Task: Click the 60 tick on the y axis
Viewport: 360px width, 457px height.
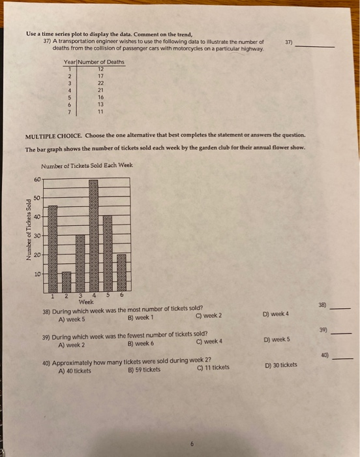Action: pyautogui.click(x=37, y=179)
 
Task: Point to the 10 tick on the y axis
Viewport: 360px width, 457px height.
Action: pyautogui.click(x=37, y=274)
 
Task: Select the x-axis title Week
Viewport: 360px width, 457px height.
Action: pyautogui.click(x=85, y=301)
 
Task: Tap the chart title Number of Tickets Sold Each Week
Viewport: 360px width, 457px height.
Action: pyautogui.click(x=86, y=165)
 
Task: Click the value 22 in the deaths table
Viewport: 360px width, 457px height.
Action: pyautogui.click(x=100, y=82)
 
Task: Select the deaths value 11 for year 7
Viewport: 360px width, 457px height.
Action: pyautogui.click(x=100, y=111)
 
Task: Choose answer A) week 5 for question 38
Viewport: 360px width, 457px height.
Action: pyautogui.click(x=71, y=319)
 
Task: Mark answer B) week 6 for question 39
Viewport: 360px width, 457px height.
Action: pyautogui.click(x=141, y=344)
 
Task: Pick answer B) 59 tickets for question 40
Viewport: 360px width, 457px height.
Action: pyautogui.click(x=143, y=369)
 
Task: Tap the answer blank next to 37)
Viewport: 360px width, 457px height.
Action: pyautogui.click(x=317, y=46)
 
